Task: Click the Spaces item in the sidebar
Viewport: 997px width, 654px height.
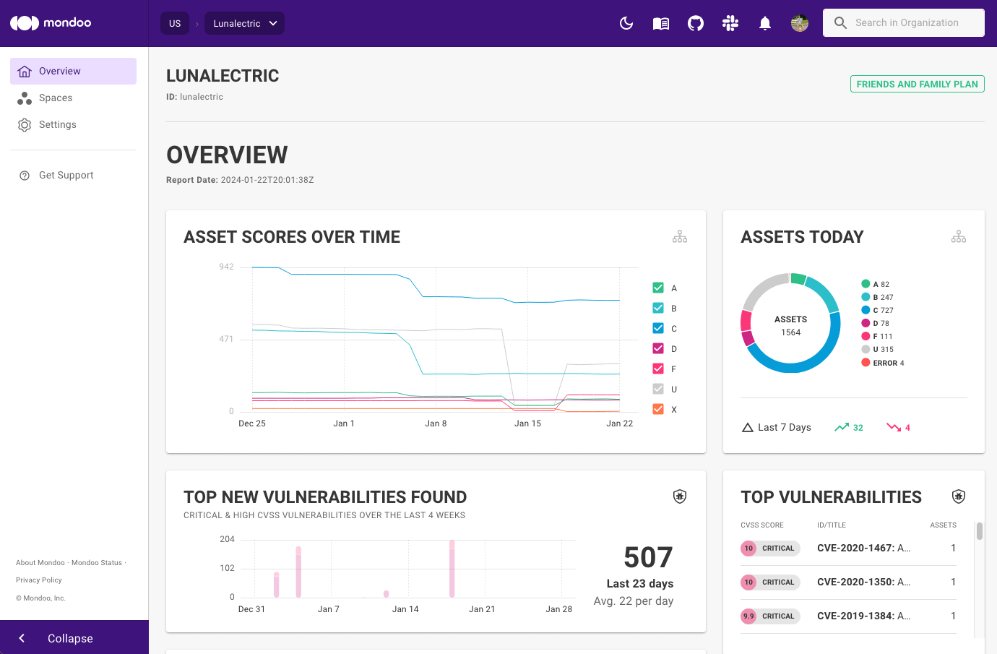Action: (x=55, y=98)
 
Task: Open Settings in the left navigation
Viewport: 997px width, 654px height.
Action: (x=57, y=125)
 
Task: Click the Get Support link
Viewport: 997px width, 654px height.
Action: (x=66, y=176)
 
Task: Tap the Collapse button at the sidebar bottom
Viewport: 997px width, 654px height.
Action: (x=69, y=638)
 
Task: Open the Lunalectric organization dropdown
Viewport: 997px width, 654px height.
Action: (x=244, y=23)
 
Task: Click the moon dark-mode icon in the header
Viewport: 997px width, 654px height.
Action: (x=626, y=23)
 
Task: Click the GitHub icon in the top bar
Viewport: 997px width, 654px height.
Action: (x=696, y=23)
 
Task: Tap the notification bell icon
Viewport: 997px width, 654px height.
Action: (x=765, y=23)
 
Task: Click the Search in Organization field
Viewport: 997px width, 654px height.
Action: (x=906, y=23)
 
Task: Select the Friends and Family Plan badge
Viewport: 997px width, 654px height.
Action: (x=917, y=85)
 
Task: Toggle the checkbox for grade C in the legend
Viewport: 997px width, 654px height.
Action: (x=658, y=328)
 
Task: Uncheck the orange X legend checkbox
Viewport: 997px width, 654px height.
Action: (x=658, y=409)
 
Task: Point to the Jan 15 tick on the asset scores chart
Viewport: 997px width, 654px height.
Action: (x=527, y=423)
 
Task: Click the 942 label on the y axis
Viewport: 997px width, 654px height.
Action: (x=226, y=267)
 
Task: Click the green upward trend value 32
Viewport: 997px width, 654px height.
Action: (x=858, y=428)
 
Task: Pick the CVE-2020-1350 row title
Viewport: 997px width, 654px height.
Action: (x=863, y=582)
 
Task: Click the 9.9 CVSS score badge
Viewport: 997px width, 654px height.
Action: (x=748, y=616)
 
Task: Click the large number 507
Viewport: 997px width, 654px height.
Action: (x=648, y=557)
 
